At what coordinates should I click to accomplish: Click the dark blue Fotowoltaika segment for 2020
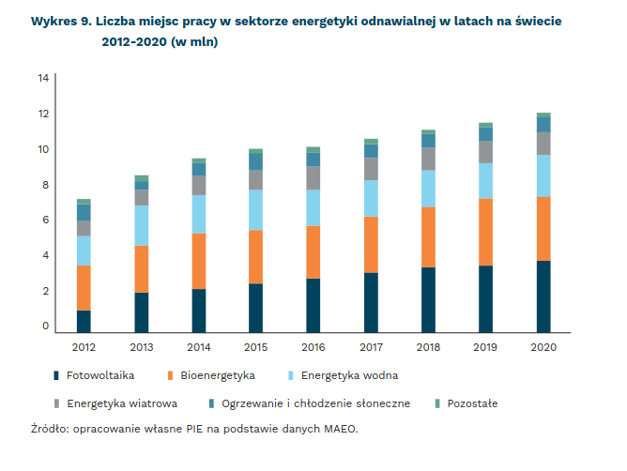[543, 296]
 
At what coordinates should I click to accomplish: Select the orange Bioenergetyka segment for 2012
[84, 288]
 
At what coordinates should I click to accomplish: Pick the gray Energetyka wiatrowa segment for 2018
[428, 159]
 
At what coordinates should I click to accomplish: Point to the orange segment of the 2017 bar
[371, 245]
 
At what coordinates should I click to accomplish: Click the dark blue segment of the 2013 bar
[142, 312]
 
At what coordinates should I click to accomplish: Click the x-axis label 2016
[313, 347]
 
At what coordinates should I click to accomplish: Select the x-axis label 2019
[486, 347]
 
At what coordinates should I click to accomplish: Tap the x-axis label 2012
[84, 347]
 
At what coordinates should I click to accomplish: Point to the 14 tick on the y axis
[43, 78]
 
